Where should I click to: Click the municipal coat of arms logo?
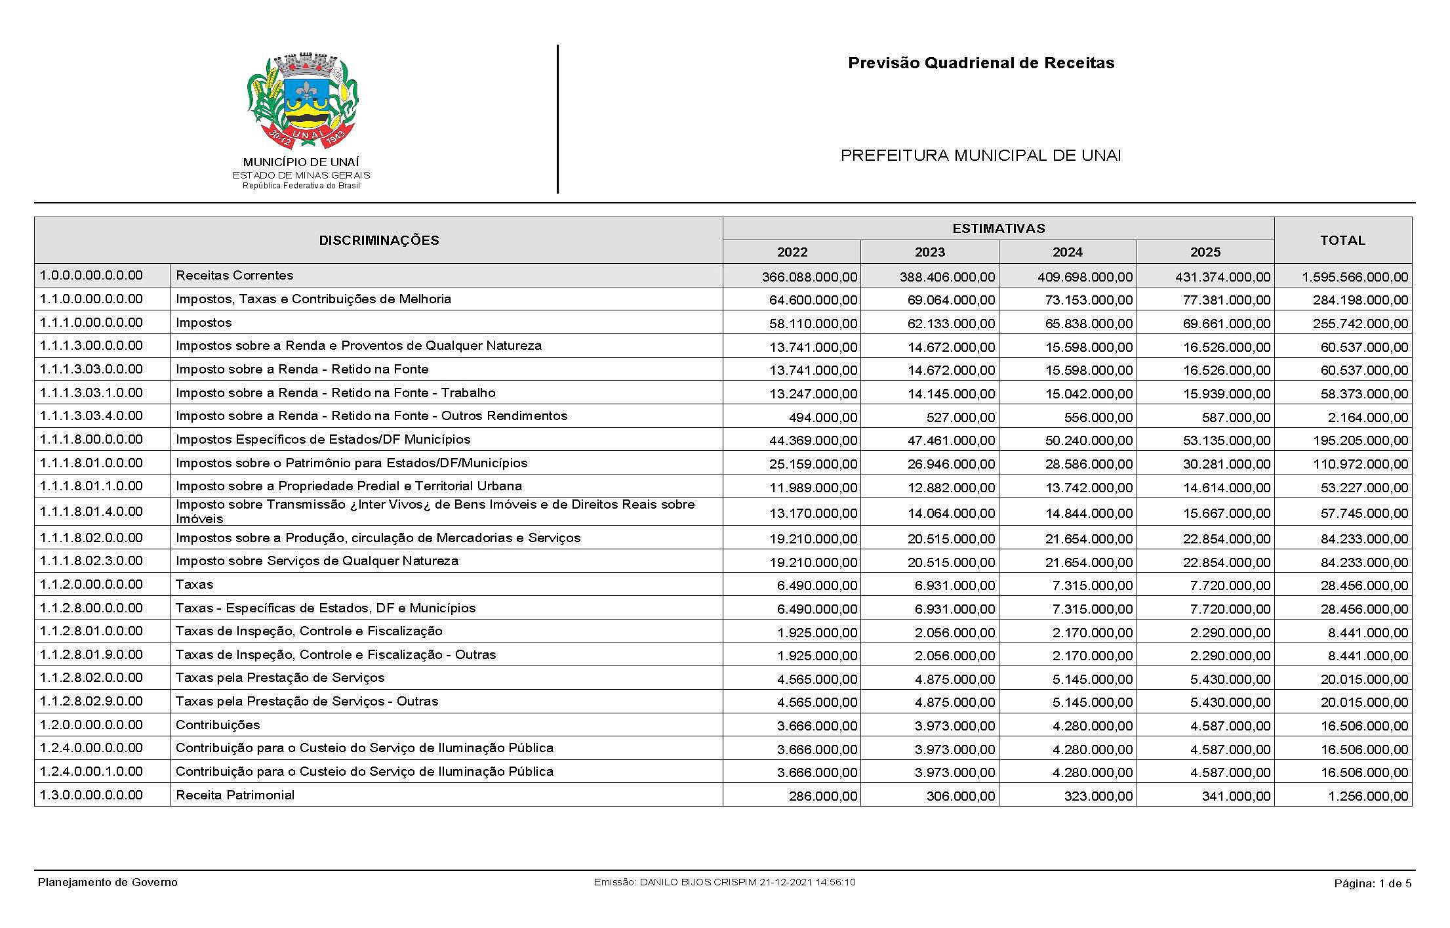click(x=302, y=102)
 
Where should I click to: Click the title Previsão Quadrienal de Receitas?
click(x=981, y=63)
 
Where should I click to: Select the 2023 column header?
click(x=929, y=252)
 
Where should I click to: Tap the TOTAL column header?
click(x=1342, y=240)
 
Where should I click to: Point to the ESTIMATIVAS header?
click(x=998, y=228)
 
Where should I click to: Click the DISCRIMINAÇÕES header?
click(x=378, y=240)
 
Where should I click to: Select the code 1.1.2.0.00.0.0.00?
click(x=91, y=584)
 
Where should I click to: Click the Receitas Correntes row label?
click(x=234, y=276)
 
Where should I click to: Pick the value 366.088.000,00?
click(x=809, y=277)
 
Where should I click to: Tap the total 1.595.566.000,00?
click(x=1355, y=277)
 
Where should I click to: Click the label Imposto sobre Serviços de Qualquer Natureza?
click(x=317, y=561)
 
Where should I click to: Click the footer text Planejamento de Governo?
click(x=108, y=882)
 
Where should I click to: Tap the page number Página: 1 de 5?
click(x=1373, y=883)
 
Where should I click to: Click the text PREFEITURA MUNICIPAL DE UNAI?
click(x=980, y=156)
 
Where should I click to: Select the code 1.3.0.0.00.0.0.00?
click(x=91, y=795)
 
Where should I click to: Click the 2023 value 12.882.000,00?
click(x=951, y=488)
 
